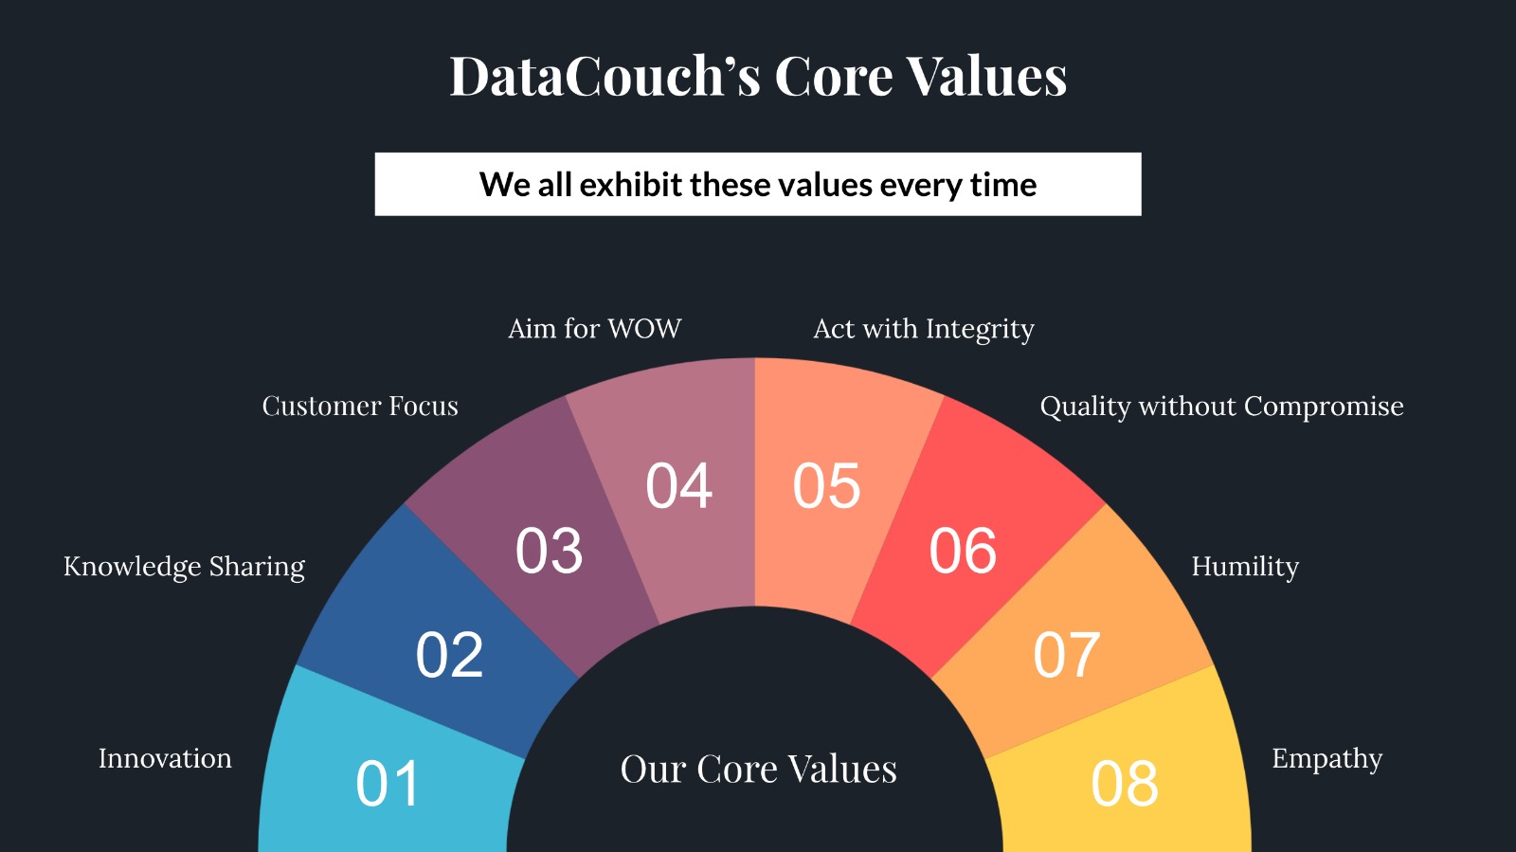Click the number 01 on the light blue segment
[x=388, y=784]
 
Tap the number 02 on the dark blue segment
[x=449, y=654]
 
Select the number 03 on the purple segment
[x=549, y=551]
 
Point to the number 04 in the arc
[x=678, y=486]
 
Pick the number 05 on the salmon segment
[x=826, y=486]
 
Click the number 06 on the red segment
[x=963, y=551]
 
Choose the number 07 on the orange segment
[x=1067, y=654]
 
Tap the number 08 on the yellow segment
[x=1125, y=784]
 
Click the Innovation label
[x=165, y=758]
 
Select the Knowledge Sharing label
[x=184, y=567]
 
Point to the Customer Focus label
[x=360, y=406]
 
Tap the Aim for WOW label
[x=595, y=329]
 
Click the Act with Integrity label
[x=924, y=330]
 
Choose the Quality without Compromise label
[x=1221, y=407]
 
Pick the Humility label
[x=1245, y=567]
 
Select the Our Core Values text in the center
[x=759, y=770]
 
